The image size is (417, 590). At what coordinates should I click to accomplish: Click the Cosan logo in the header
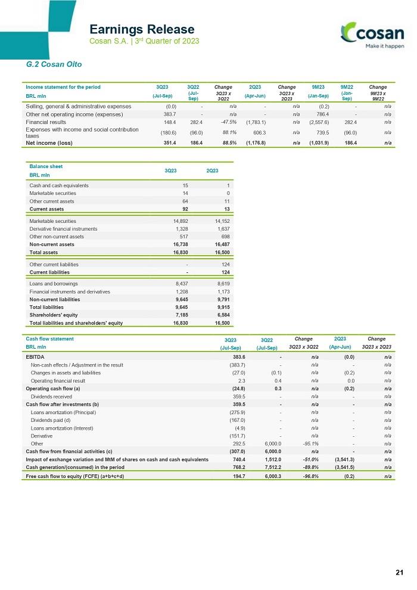pos(372,35)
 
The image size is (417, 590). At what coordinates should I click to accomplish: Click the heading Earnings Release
pos(142,29)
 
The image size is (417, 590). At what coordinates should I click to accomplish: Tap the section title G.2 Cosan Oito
pos(54,64)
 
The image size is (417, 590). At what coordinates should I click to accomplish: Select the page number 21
pos(399,572)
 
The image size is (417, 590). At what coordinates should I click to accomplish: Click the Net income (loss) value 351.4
pos(170,143)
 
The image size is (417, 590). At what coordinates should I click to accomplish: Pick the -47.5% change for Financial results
pos(229,122)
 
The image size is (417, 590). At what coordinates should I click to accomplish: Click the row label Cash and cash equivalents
pos(59,185)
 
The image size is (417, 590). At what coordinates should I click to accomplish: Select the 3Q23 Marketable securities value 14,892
pos(181,221)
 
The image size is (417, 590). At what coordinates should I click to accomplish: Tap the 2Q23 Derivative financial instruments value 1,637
pos(223,229)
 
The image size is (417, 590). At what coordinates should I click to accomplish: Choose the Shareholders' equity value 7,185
pos(182,315)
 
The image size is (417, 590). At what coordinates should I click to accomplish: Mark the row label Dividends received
pos(51,396)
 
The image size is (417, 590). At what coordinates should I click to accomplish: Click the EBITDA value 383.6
pos(239,357)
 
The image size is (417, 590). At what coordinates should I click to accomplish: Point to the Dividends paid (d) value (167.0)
pos(237,420)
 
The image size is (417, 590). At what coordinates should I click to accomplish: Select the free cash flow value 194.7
pos(239,476)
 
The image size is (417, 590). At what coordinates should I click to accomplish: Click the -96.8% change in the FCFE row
pos(310,476)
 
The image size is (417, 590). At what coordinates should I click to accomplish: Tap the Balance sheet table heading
pos(46,166)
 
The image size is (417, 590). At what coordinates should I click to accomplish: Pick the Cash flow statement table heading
pos(49,339)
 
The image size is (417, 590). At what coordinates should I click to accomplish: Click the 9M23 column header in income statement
pos(318,87)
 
